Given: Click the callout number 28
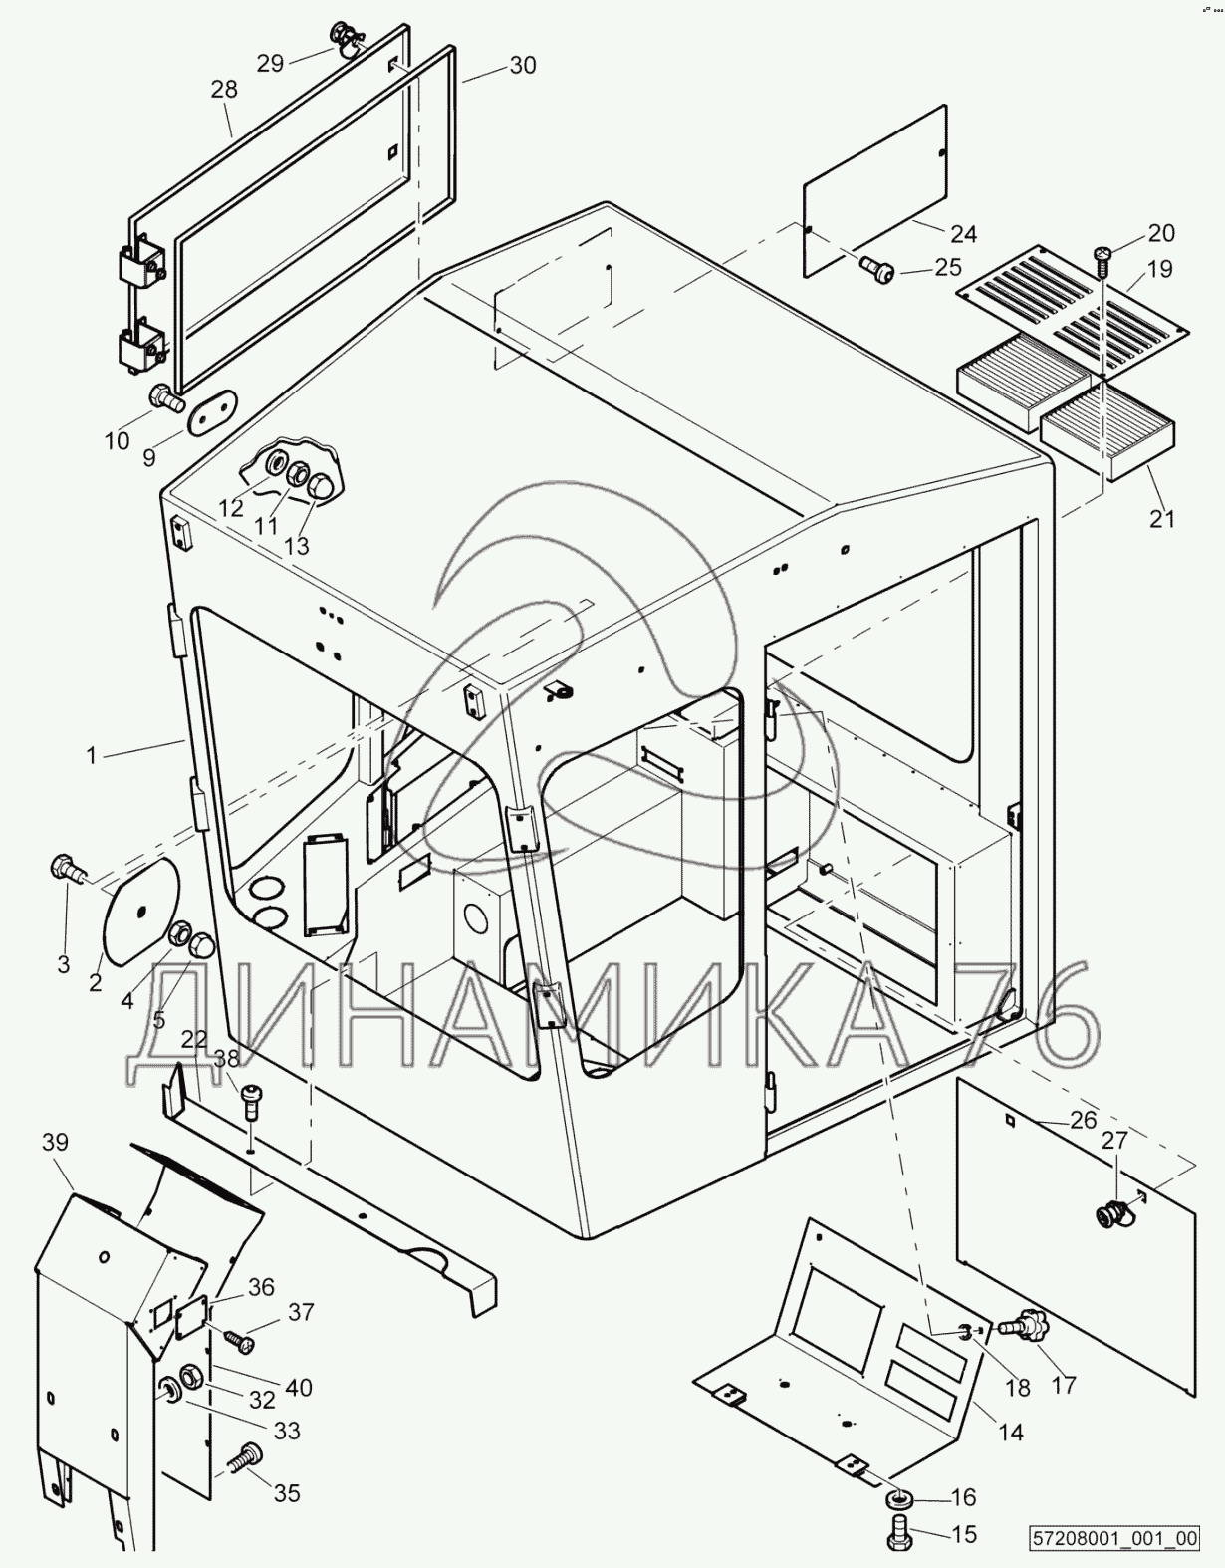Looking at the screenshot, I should [224, 89].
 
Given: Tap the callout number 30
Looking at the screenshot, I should [522, 66].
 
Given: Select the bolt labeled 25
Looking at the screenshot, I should [876, 266].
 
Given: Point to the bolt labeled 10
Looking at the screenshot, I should [164, 399].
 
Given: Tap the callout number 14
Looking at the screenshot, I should [1010, 1433].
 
